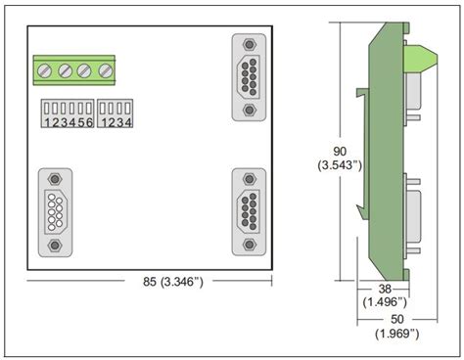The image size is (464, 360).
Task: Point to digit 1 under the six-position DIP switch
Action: pyautogui.click(x=44, y=122)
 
